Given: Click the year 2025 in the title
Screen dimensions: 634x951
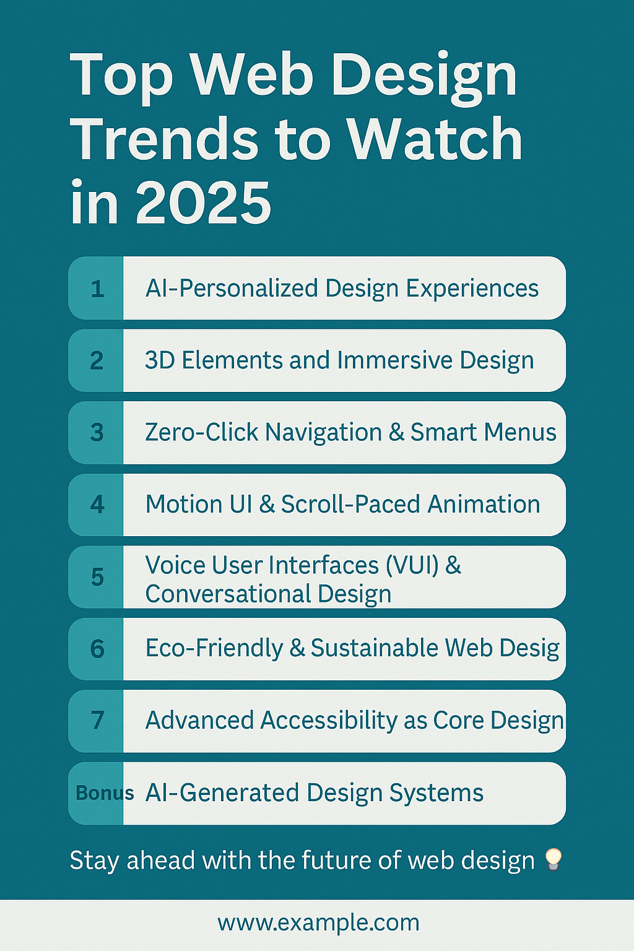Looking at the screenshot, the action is tap(203, 202).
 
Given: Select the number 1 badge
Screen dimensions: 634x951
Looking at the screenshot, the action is tap(98, 289).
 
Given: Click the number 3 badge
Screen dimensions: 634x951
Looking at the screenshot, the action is tap(97, 433).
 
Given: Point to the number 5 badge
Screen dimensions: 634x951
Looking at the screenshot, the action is tap(97, 577).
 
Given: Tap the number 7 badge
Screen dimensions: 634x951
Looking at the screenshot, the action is tap(98, 721).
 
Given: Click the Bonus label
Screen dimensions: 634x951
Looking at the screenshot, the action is tap(105, 792).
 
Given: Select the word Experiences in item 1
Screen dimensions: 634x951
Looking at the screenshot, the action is tap(472, 289).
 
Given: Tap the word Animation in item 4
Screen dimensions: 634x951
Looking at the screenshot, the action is tap(484, 505).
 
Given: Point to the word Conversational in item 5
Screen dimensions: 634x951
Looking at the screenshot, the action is tap(228, 594).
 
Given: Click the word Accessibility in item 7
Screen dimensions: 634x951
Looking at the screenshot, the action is tap(329, 721).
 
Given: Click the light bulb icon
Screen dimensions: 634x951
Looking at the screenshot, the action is tap(554, 860).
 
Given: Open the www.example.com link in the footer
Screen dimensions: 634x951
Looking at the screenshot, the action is tap(318, 923).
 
